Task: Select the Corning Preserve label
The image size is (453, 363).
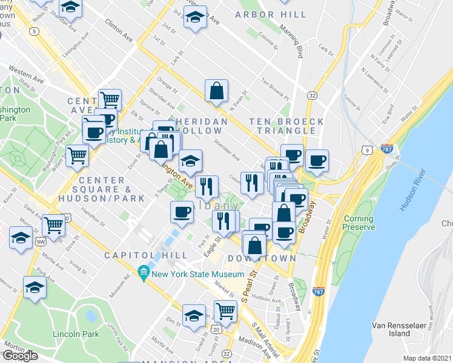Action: tap(359, 223)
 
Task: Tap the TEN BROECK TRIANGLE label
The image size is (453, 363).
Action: tap(286, 126)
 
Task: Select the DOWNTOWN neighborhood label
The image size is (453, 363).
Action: tap(262, 258)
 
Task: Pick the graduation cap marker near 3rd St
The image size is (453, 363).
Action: tap(195, 18)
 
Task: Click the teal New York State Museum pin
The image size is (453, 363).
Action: tap(144, 274)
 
